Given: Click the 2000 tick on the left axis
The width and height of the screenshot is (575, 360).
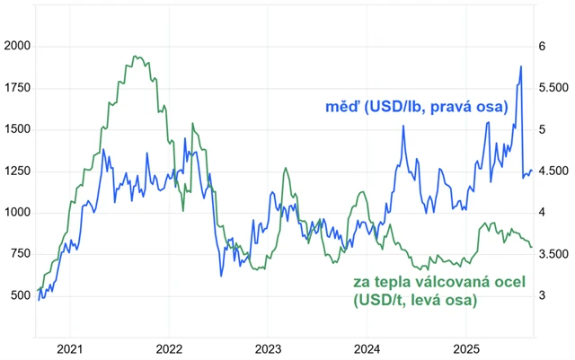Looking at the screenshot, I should pyautogui.click(x=18, y=46).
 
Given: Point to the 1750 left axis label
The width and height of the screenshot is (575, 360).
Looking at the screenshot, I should pyautogui.click(x=18, y=88).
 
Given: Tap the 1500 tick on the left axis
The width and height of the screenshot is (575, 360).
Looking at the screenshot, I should pyautogui.click(x=18, y=129).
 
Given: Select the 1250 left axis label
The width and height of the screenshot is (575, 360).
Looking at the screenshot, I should pyautogui.click(x=18, y=171).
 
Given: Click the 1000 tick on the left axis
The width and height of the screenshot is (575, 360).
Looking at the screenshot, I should pyautogui.click(x=18, y=213).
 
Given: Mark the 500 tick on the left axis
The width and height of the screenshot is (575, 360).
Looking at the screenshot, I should pyautogui.click(x=21, y=295).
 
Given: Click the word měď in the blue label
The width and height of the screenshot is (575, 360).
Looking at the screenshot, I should pyautogui.click(x=343, y=108).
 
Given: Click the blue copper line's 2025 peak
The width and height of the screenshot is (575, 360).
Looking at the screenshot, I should pyautogui.click(x=521, y=66).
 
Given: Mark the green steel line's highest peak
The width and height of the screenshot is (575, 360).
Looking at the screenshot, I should pyautogui.click(x=134, y=57).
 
